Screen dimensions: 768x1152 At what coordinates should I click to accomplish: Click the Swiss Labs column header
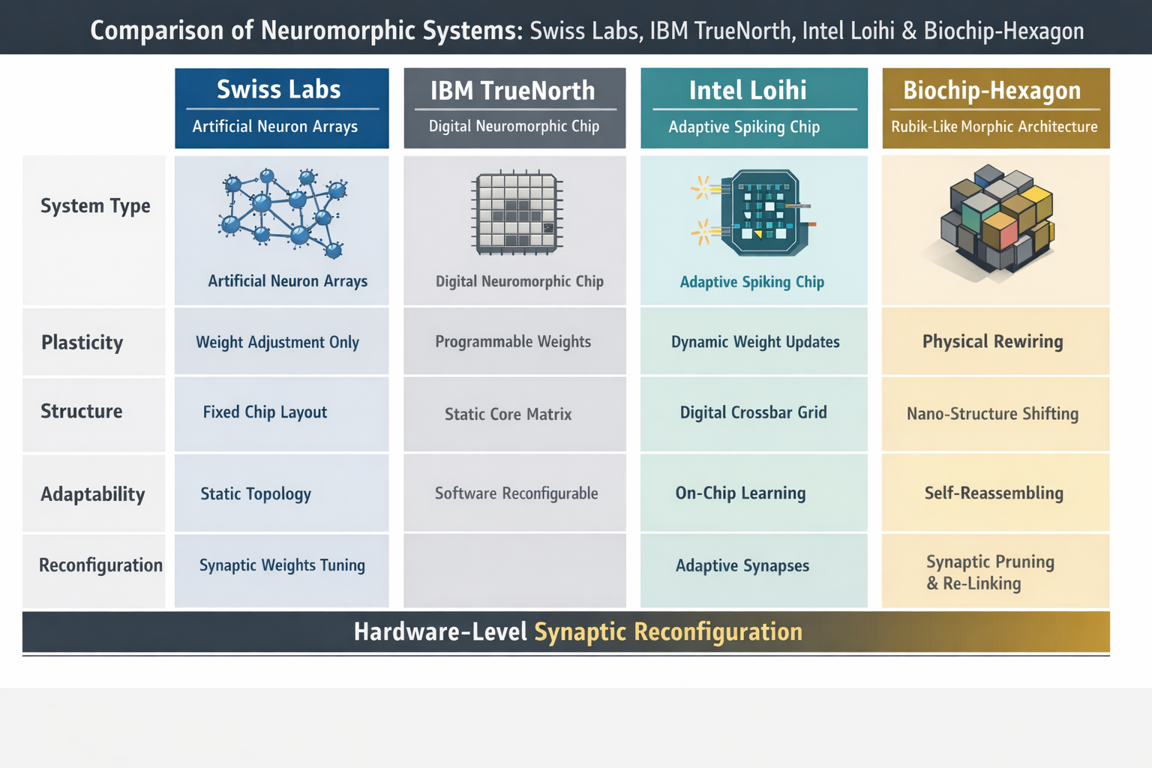279,90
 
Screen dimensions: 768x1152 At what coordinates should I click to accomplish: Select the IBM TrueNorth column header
513,91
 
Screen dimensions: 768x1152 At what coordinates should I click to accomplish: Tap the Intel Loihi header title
748,91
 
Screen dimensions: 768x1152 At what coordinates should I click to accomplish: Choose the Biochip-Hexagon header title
991,91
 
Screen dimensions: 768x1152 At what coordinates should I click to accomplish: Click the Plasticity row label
82,343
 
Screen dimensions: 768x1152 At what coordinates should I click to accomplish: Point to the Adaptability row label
93,494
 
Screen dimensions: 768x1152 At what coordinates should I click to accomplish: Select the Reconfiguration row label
100,565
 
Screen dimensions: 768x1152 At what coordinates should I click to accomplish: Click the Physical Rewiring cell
992,342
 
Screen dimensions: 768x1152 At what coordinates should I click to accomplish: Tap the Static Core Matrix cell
508,414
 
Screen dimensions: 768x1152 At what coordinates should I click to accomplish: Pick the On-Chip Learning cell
740,493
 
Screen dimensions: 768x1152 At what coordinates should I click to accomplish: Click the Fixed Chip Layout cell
265,412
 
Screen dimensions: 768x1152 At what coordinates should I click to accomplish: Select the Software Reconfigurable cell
516,493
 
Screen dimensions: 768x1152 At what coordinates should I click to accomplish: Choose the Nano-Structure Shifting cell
992,414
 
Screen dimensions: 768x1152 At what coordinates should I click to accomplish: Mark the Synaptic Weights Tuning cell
282,565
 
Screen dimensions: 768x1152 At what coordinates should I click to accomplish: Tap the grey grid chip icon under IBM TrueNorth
517,213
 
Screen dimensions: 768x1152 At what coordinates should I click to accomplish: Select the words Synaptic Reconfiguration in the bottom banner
667,632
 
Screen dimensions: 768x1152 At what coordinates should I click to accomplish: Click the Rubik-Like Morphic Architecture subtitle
994,127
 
